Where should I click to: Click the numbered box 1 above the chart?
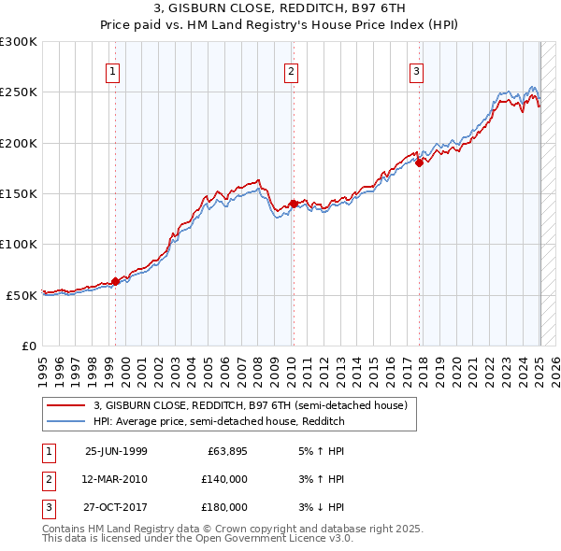tap(112, 71)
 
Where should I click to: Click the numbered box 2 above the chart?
tap(291, 71)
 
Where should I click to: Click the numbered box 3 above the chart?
tap(416, 71)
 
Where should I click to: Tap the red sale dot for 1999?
tap(116, 281)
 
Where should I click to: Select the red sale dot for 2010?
tap(293, 204)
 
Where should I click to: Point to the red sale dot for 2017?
tap(419, 163)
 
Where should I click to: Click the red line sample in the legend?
tap(65, 406)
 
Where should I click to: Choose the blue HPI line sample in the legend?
tap(65, 422)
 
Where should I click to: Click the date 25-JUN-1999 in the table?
tap(116, 450)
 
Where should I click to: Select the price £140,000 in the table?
tap(224, 479)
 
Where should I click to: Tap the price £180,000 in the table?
tap(224, 507)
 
